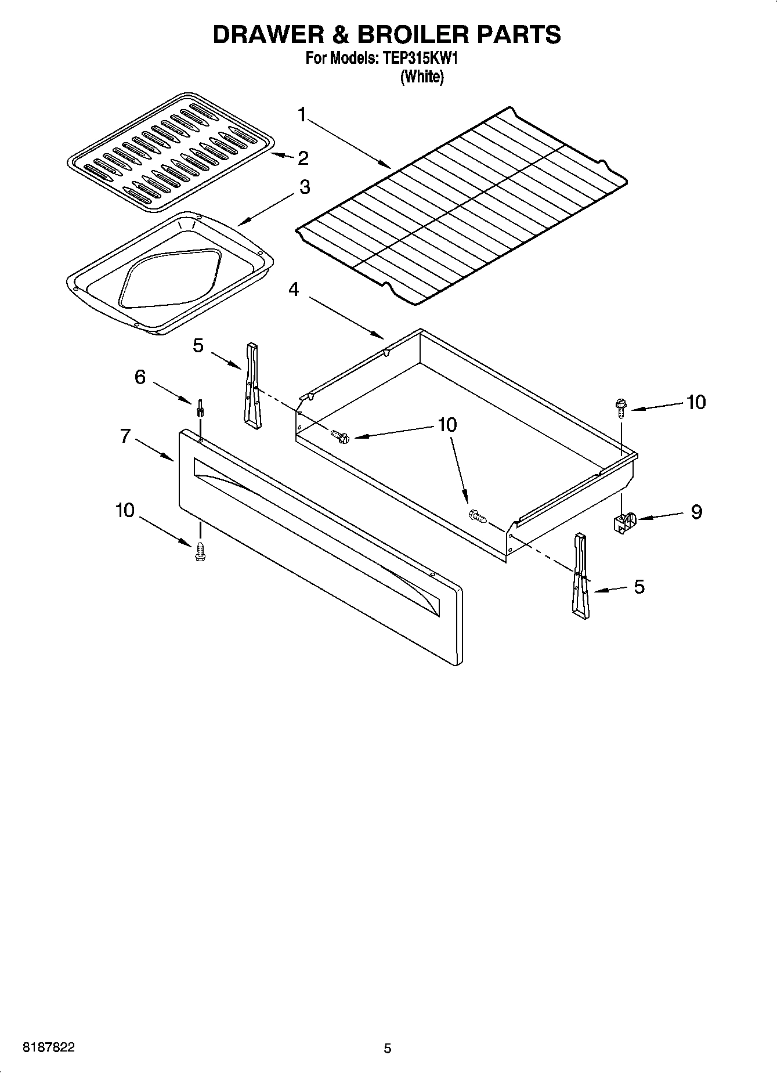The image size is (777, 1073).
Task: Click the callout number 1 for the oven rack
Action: click(x=302, y=114)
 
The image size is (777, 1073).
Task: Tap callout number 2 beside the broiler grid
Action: click(x=302, y=158)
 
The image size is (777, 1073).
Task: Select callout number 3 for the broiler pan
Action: click(x=304, y=187)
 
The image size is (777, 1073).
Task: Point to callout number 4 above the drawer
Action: click(x=294, y=288)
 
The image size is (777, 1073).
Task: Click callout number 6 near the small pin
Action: click(x=140, y=377)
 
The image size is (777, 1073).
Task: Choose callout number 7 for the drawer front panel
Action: click(x=125, y=436)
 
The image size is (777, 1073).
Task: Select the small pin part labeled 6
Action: click(x=200, y=408)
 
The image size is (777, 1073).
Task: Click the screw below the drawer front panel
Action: click(x=201, y=551)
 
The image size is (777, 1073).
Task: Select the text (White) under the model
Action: click(x=422, y=76)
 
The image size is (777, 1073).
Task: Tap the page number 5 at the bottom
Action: click(x=388, y=1048)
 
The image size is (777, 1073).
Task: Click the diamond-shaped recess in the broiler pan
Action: click(x=170, y=279)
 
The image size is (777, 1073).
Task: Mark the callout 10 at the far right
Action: click(x=696, y=402)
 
